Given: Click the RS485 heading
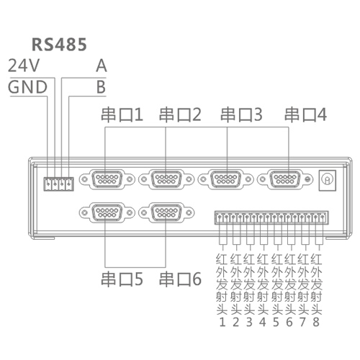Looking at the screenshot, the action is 59,45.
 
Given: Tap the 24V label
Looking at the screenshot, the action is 23,66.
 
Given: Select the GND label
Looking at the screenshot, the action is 27,86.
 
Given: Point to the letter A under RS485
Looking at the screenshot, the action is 102,66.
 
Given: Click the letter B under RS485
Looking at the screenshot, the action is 101,86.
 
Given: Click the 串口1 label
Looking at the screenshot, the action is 122,114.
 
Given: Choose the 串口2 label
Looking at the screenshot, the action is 180,114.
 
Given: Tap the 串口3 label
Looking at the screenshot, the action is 241,114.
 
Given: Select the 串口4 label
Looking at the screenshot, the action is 305,114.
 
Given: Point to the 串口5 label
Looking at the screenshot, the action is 122,279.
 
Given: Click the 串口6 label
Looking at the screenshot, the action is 180,279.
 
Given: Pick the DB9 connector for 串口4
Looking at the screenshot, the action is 285,179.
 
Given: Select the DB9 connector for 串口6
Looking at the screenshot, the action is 166,212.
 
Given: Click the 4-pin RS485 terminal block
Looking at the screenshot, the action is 58,184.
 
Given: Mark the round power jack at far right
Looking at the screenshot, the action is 327,180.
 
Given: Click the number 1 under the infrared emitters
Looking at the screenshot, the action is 222,322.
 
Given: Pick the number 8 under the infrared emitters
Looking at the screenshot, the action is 316,322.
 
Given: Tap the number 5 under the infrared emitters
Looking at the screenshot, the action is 276,322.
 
